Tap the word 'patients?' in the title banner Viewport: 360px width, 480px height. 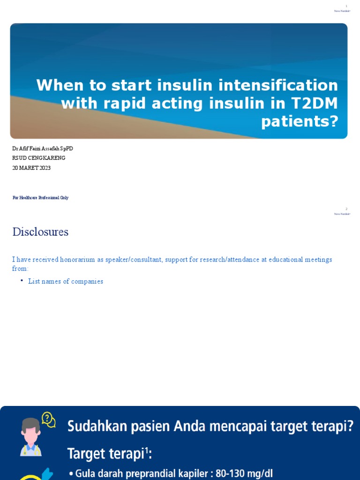pyautogui.click(x=300, y=121)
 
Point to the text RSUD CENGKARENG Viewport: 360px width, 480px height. pyautogui.click(x=39, y=158)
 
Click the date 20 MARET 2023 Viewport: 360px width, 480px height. pyautogui.click(x=31, y=168)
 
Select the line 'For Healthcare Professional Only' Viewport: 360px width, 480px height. pyautogui.click(x=40, y=198)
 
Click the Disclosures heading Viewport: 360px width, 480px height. pyautogui.click(x=40, y=232)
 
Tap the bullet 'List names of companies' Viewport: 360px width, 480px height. pyautogui.click(x=66, y=282)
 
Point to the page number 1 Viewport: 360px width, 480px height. pyautogui.click(x=346, y=6)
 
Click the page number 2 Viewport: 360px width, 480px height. pyautogui.click(x=346, y=209)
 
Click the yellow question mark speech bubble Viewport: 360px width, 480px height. pyautogui.click(x=48, y=419)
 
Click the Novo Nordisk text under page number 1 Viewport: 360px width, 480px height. pyautogui.click(x=342, y=11)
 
